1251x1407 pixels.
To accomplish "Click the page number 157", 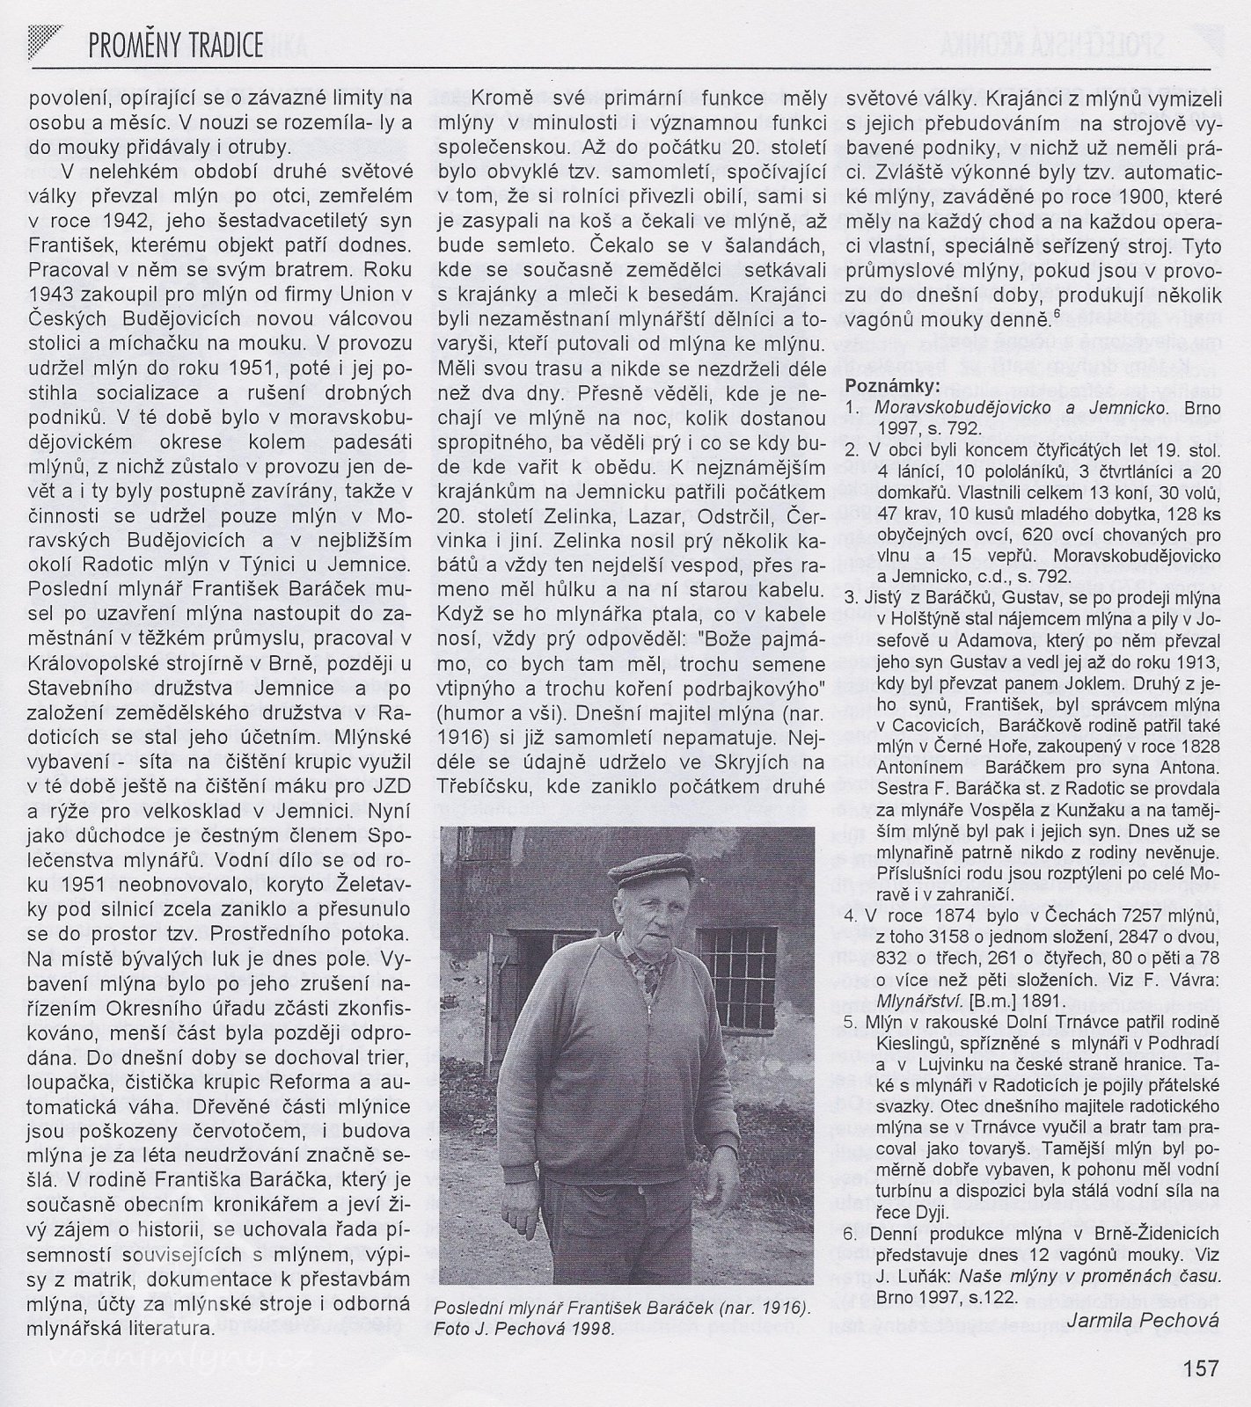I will point(1200,1367).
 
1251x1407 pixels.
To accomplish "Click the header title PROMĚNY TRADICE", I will point(176,45).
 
